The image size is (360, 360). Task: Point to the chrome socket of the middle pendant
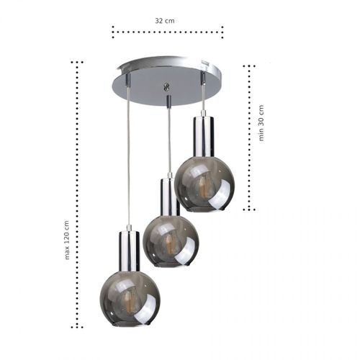tap(169, 196)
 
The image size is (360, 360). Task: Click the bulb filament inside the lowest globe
tap(130, 297)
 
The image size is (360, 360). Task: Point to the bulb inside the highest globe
tap(204, 186)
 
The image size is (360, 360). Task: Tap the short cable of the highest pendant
tap(203, 94)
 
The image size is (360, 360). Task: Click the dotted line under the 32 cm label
tap(167, 32)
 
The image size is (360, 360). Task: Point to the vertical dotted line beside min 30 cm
tap(249, 137)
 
